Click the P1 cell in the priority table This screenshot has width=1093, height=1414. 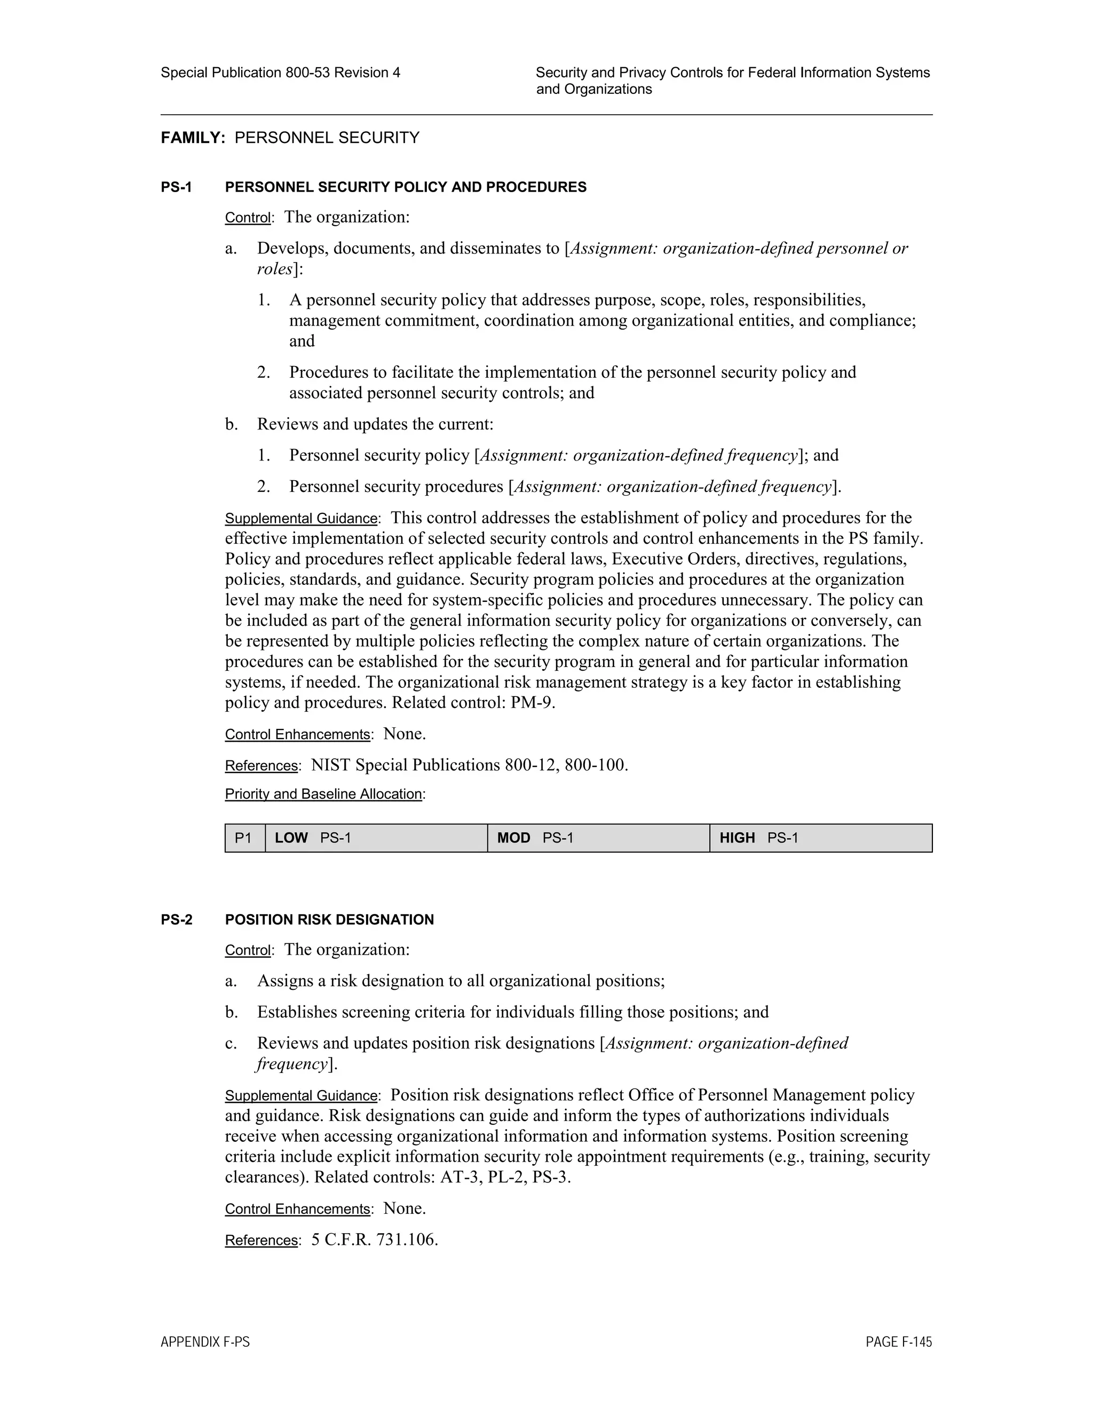pyautogui.click(x=243, y=838)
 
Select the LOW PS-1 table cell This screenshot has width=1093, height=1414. pyautogui.click(x=376, y=838)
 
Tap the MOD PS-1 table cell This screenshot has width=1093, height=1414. pyautogui.click(x=598, y=838)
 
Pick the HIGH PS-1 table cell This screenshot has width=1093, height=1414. pyautogui.click(x=820, y=838)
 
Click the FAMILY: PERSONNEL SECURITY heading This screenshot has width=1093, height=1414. pyautogui.click(x=290, y=138)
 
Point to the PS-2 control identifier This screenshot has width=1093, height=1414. pyautogui.click(x=177, y=919)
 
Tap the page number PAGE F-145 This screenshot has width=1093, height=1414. pyautogui.click(x=899, y=1342)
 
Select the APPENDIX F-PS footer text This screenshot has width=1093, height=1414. pyautogui.click(x=205, y=1342)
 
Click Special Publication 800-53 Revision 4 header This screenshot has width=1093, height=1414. pyautogui.click(x=280, y=73)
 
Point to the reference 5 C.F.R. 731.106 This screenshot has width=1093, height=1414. pyautogui.click(x=374, y=1240)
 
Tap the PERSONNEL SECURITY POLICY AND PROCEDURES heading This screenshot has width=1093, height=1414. pyautogui.click(x=406, y=187)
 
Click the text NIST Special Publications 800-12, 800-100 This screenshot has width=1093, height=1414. pyautogui.click(x=470, y=765)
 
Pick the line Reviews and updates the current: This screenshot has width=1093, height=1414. pyautogui.click(x=375, y=424)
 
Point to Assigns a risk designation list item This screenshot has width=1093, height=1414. pyautogui.click(x=461, y=981)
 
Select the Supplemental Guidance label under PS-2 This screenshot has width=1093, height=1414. pyautogui.click(x=302, y=1095)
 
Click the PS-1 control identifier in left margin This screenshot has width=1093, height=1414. pyautogui.click(x=177, y=187)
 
